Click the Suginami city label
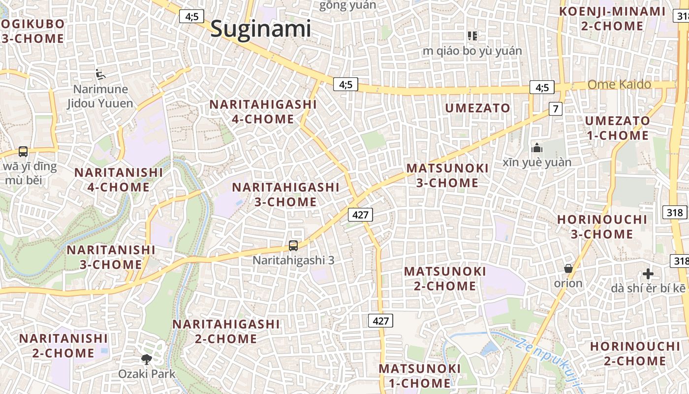260,29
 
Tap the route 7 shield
556,109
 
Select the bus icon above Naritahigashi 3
293,245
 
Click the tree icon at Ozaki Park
146,359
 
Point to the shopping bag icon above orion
568,268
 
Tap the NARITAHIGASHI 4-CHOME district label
263,112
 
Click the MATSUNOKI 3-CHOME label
447,175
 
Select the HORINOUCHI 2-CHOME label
627,354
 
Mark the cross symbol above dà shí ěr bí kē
648,274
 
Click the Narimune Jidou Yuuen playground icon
100,74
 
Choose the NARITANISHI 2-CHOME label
63,346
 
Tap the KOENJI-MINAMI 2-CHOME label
612,19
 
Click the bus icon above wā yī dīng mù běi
23,151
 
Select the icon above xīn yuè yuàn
536,148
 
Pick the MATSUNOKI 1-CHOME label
420,376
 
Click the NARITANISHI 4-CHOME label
118,180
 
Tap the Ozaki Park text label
147,374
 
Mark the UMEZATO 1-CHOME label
617,128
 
